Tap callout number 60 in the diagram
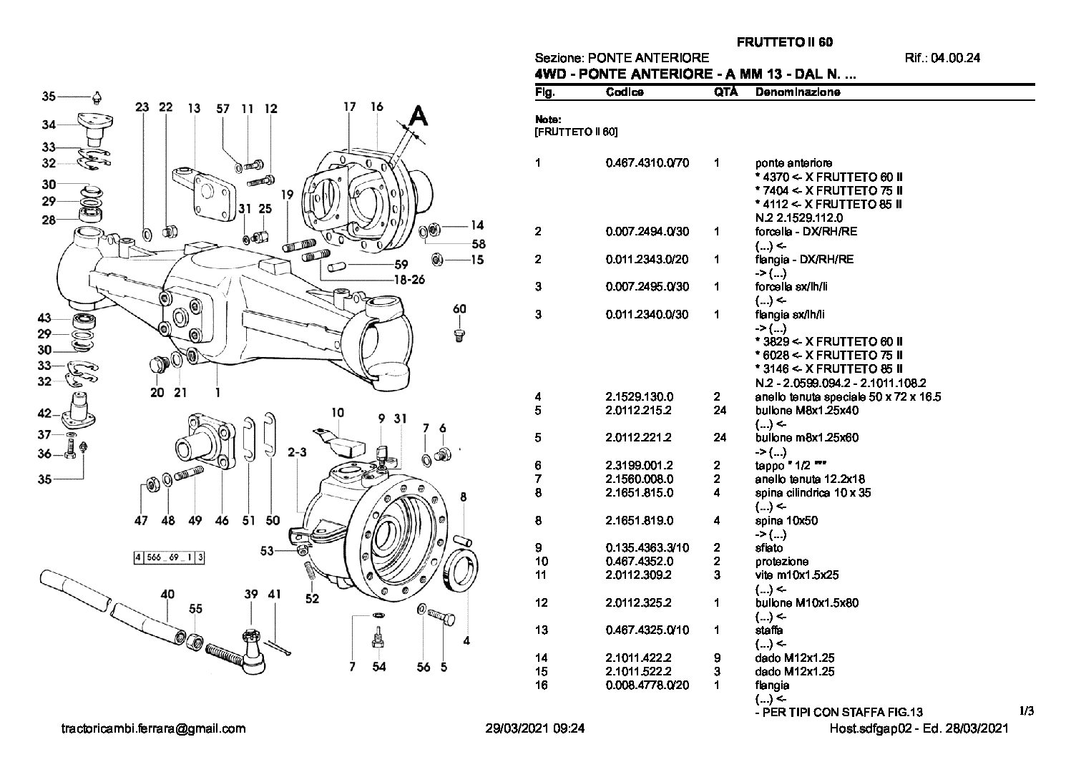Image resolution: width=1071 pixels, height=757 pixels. coord(459,309)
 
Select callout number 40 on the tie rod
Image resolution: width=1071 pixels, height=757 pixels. coord(167,595)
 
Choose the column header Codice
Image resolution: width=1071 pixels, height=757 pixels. coord(624,92)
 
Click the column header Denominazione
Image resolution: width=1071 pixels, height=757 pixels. coord(798,92)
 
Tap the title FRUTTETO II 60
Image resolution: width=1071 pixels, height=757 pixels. coord(784,42)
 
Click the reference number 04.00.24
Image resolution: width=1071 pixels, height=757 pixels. coord(956,58)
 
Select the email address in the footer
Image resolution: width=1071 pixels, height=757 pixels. coord(153,728)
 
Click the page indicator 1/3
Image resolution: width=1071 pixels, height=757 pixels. coord(1026,711)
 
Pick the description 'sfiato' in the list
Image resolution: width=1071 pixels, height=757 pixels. coord(768,548)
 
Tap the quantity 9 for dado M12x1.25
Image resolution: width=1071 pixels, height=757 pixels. coord(717,658)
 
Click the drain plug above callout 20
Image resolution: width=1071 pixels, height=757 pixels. coord(156,365)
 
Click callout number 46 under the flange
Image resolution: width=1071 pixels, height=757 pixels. coord(222,520)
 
